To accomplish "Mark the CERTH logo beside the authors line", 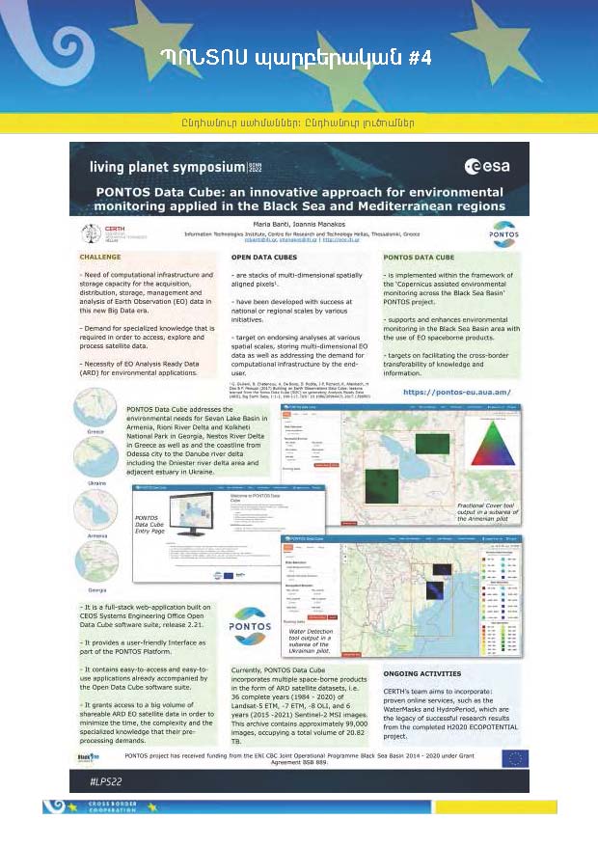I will click(97, 232).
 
